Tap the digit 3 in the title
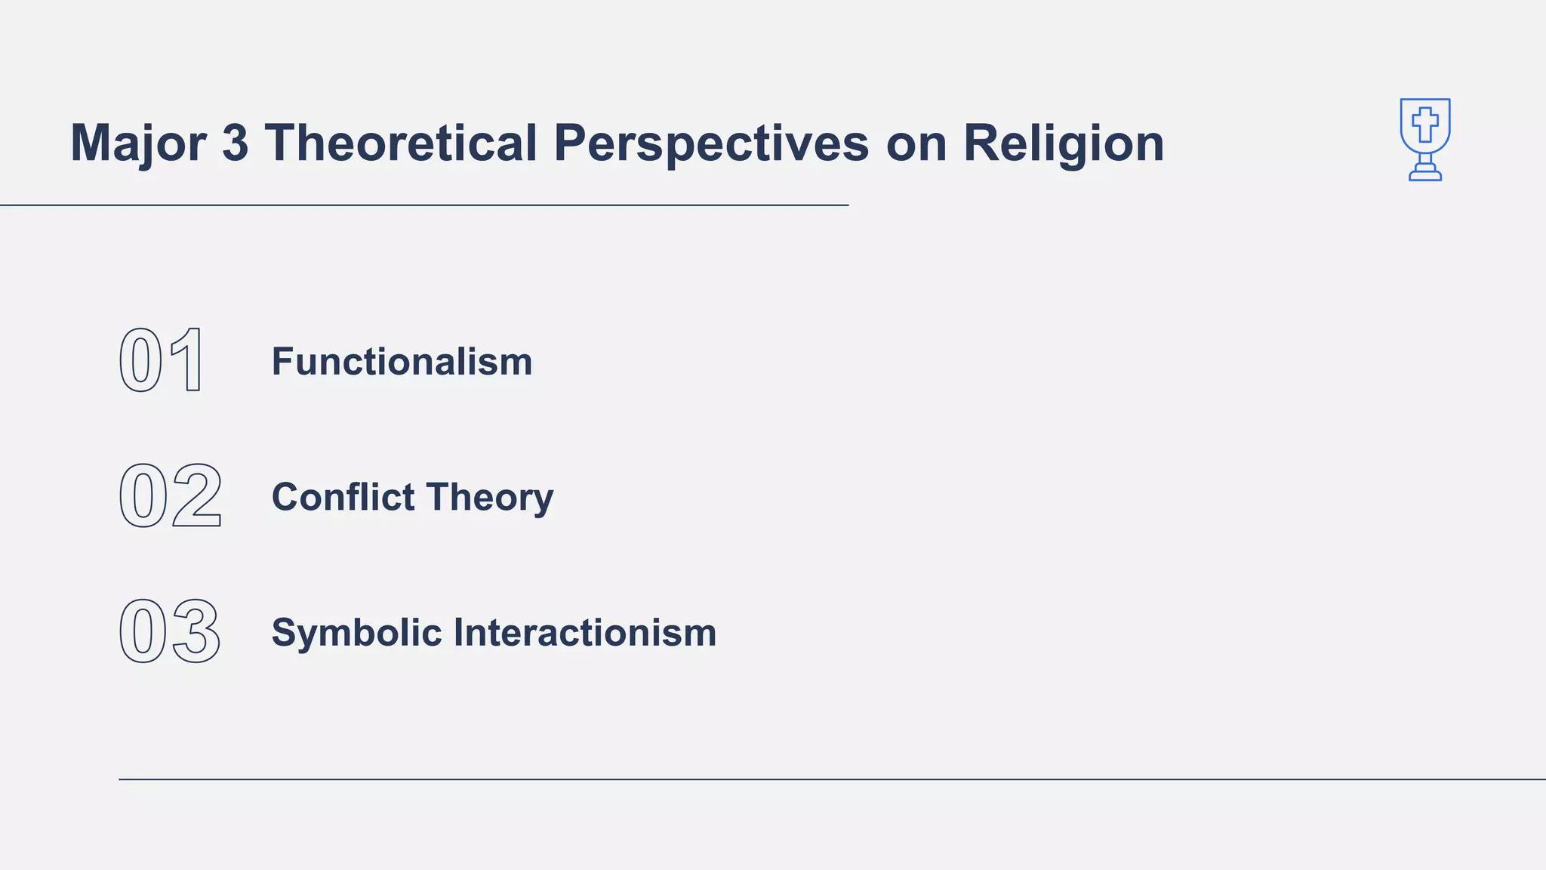coord(235,143)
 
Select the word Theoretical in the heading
coord(401,143)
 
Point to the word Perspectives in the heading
coord(711,143)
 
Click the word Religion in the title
coord(1064,143)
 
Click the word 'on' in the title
coord(916,143)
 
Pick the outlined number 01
coord(162,361)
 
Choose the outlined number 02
coord(171,496)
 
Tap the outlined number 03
coord(171,631)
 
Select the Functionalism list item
coord(402,361)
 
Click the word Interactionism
coord(585,632)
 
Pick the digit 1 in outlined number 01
coord(189,361)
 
